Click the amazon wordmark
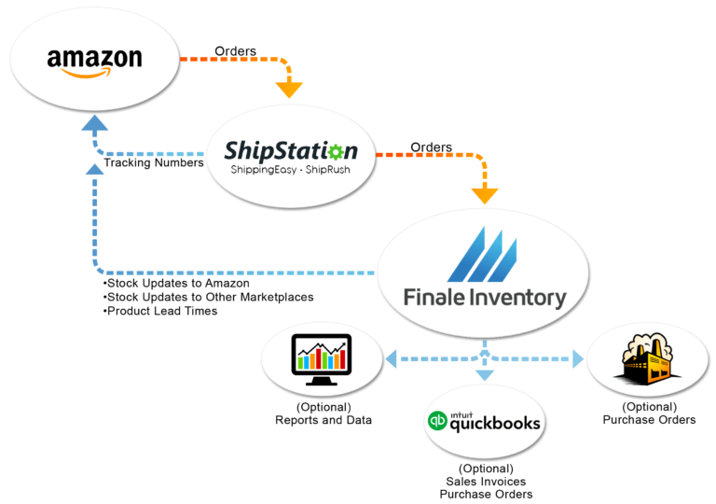click(x=94, y=58)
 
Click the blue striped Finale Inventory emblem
click(x=481, y=254)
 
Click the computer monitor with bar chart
click(x=322, y=356)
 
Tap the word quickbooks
click(x=495, y=424)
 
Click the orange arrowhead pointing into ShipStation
click(x=290, y=91)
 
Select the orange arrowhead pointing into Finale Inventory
click(x=484, y=196)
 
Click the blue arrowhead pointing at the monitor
click(x=390, y=358)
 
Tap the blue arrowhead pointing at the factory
click(x=578, y=358)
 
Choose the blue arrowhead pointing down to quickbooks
click(x=484, y=375)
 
